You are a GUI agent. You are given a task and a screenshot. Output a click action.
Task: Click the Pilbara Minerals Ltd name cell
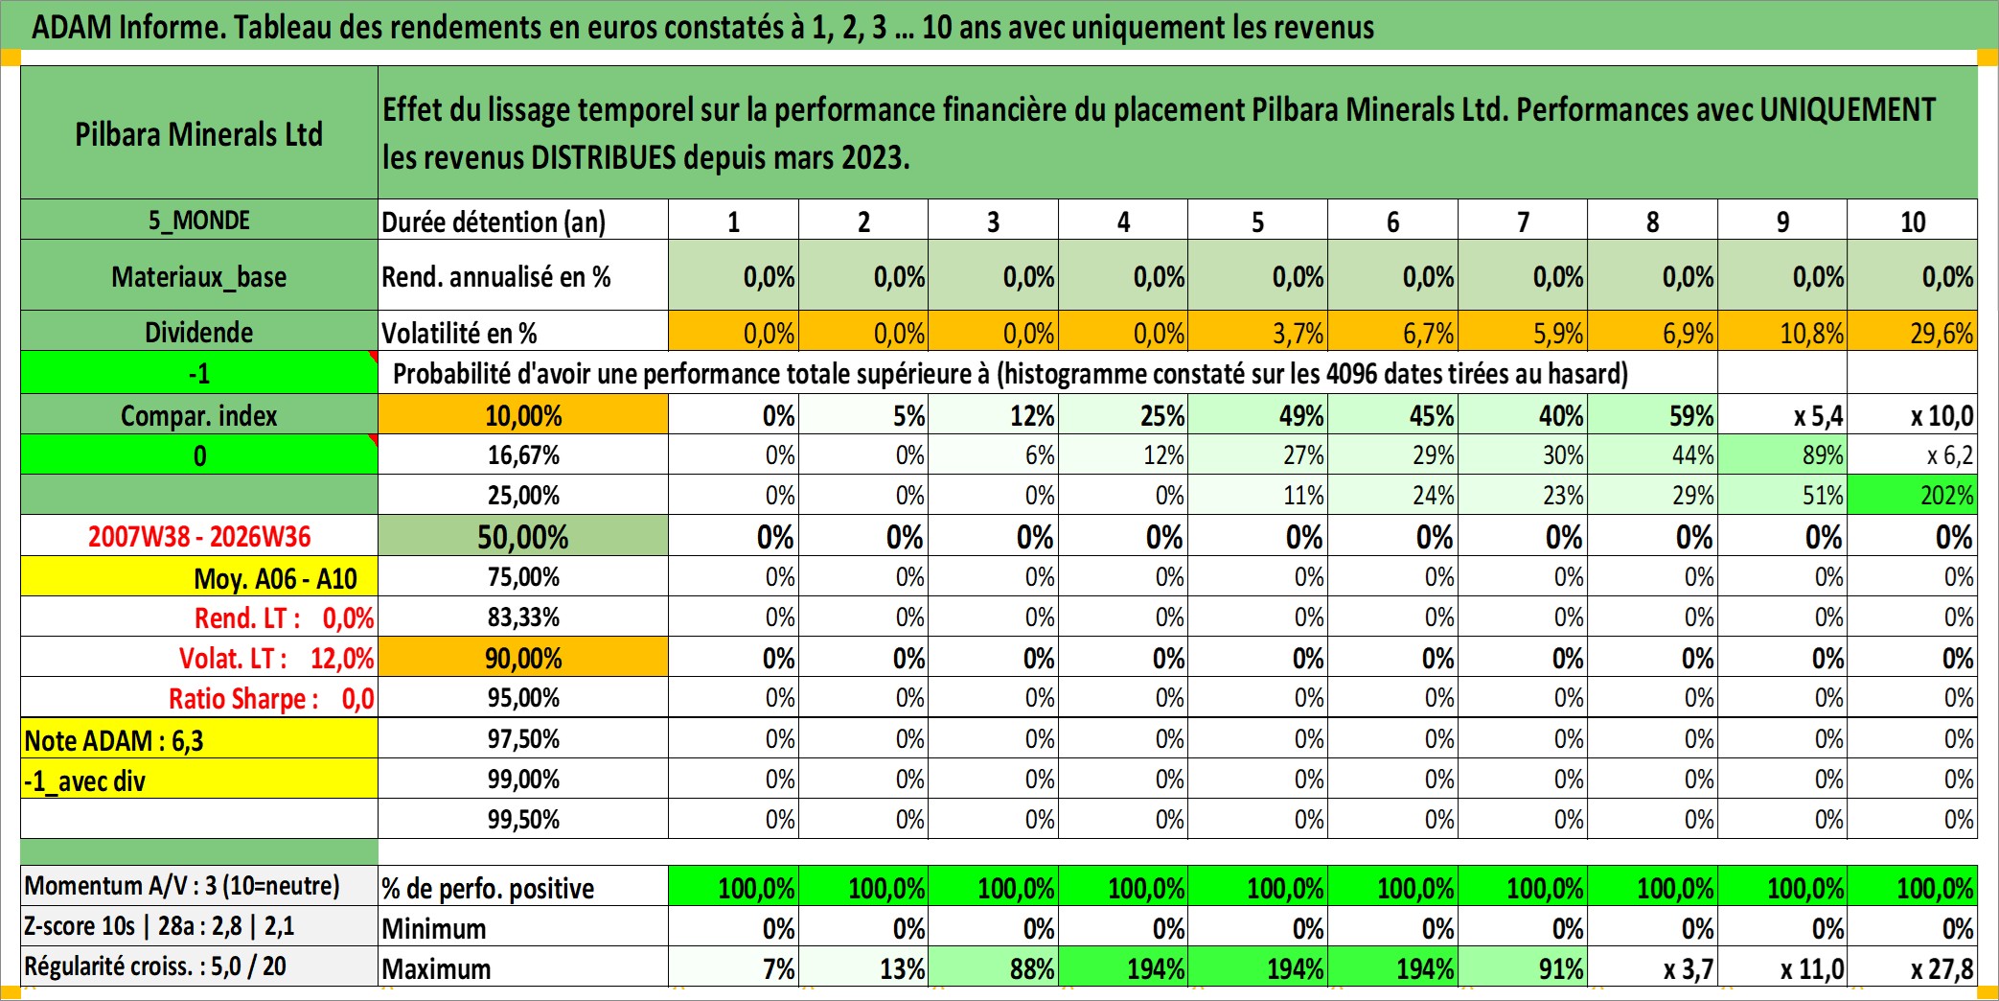pyautogui.click(x=199, y=133)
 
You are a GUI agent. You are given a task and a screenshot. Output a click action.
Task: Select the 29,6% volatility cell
pyautogui.click(x=1912, y=332)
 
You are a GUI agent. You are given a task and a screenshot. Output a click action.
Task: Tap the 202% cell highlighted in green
pyautogui.click(x=1912, y=495)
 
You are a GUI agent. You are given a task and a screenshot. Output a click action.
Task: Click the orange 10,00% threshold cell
pyautogui.click(x=523, y=415)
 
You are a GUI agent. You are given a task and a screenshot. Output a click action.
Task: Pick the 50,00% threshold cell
pyautogui.click(x=523, y=536)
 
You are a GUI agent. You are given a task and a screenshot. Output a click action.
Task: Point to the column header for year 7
pyautogui.click(x=1523, y=221)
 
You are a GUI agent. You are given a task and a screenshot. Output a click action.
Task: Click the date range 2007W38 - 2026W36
pyautogui.click(x=199, y=536)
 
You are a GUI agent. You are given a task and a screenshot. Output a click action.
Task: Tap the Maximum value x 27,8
pyautogui.click(x=1942, y=968)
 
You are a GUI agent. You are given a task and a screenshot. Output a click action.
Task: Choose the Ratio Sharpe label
pyautogui.click(x=243, y=698)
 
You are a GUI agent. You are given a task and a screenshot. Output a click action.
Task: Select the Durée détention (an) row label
pyautogui.click(x=494, y=221)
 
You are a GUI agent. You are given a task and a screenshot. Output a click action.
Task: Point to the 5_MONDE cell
pyautogui.click(x=199, y=220)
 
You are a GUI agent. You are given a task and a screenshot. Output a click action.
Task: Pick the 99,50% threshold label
pyautogui.click(x=523, y=819)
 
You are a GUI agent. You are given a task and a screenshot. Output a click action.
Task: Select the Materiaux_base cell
pyautogui.click(x=199, y=276)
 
